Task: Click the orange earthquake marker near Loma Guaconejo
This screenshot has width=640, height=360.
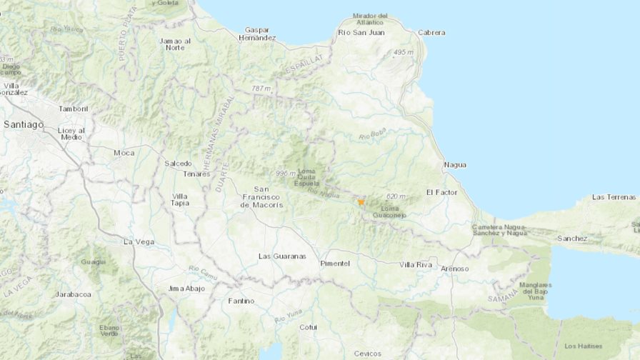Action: tap(361, 202)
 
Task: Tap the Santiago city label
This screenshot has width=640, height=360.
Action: tap(24, 124)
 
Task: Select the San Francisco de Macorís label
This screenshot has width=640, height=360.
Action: tap(261, 197)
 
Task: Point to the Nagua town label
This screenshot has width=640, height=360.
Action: tap(455, 165)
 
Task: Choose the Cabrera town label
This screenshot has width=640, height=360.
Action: tap(431, 33)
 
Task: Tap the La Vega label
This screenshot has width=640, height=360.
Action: tap(139, 241)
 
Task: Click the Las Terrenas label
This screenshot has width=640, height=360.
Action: tap(614, 197)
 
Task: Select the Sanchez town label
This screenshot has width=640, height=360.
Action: tap(574, 239)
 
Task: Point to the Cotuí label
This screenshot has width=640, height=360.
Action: tap(308, 327)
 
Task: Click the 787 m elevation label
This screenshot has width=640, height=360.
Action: tap(262, 89)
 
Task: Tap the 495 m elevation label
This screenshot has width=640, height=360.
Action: tap(404, 53)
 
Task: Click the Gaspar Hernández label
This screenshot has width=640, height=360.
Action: tap(260, 34)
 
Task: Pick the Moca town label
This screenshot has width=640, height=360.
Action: tap(124, 153)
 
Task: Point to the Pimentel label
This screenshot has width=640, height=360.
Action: tap(335, 264)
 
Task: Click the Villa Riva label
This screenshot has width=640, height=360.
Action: tap(416, 265)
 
